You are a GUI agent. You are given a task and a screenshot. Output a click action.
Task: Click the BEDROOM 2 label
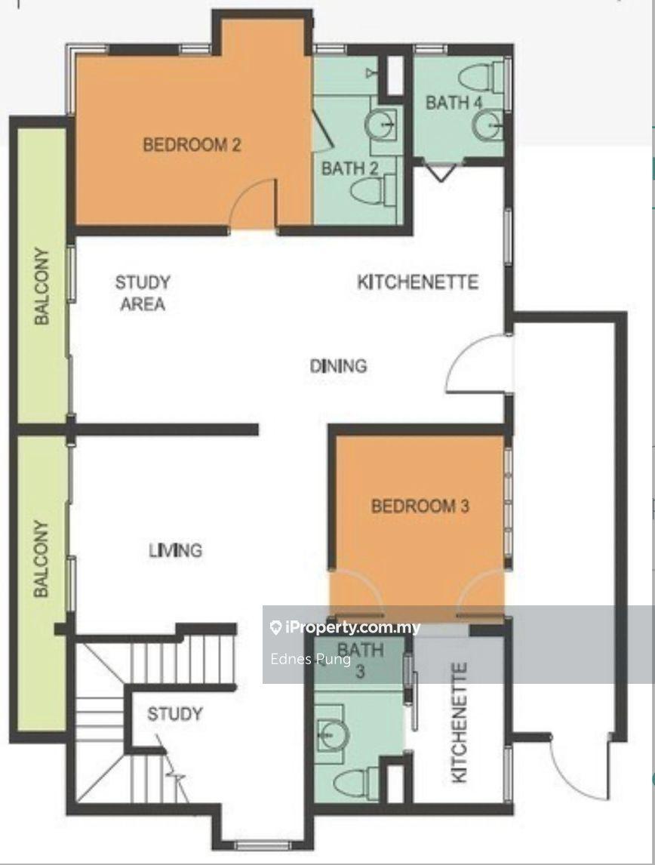[x=192, y=145]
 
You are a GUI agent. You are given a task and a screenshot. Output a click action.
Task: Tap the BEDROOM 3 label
[x=420, y=506]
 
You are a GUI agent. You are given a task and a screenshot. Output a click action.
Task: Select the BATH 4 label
[x=454, y=102]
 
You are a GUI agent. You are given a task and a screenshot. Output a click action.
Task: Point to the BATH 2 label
[x=350, y=168]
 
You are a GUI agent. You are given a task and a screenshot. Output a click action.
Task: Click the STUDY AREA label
[x=143, y=293]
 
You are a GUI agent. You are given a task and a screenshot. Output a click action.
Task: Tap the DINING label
[x=338, y=366]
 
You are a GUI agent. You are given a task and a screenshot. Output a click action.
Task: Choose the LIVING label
[x=175, y=550]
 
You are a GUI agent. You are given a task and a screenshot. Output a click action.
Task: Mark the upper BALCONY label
[x=42, y=287]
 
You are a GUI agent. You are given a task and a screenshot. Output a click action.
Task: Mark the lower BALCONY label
[x=42, y=559]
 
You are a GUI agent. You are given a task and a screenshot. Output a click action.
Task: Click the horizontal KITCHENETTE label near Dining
[x=417, y=282]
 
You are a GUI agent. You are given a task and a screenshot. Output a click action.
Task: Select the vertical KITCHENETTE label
[x=460, y=722]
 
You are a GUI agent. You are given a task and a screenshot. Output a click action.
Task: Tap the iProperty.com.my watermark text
[x=346, y=627]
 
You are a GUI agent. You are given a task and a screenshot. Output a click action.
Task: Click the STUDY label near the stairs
[x=174, y=714]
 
